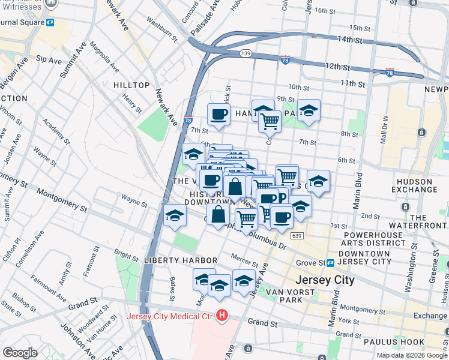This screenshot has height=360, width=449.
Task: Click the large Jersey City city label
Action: click(x=325, y=280)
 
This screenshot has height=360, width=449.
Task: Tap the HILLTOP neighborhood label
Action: click(x=131, y=85)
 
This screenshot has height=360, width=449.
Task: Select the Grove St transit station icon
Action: click(x=331, y=263)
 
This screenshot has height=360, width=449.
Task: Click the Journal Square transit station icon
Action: click(x=50, y=23)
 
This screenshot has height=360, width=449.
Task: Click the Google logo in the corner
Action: click(x=20, y=352)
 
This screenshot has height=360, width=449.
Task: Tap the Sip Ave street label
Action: click(x=49, y=60)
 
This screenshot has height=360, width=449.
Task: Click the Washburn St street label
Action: click(x=163, y=32)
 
